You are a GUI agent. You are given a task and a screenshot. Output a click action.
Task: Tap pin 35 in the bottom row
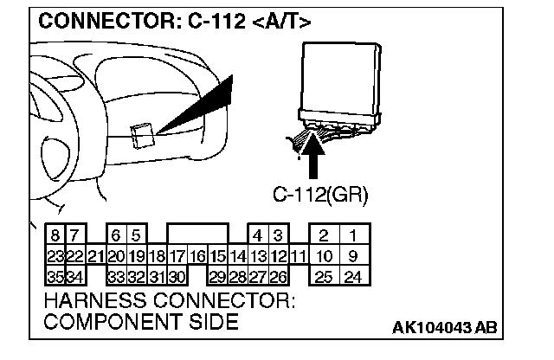click(x=55, y=277)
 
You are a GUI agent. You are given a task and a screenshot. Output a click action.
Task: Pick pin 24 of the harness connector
click(x=352, y=277)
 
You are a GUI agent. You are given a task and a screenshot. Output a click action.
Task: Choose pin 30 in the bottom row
click(x=177, y=277)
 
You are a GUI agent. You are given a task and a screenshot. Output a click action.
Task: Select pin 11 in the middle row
click(x=298, y=257)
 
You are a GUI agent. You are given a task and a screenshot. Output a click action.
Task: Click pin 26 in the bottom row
click(x=277, y=277)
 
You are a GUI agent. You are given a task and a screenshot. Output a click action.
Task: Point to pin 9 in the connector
click(x=352, y=257)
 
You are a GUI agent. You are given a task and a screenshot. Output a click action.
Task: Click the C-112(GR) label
click(x=320, y=196)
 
